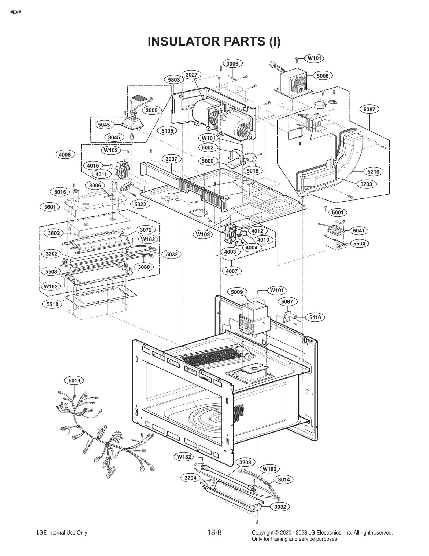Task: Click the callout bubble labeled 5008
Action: point(323,76)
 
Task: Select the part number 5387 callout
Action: point(369,109)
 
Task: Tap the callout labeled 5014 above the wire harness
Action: point(74,380)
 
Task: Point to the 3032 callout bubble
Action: point(280,507)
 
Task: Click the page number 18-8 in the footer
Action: point(214,533)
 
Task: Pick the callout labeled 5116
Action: point(315,317)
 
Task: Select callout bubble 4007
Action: point(232,271)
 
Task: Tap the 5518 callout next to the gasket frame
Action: point(52,304)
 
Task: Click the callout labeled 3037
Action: point(171,159)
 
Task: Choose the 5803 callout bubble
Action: point(174,80)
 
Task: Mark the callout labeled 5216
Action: point(373,172)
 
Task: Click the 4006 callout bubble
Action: point(65,154)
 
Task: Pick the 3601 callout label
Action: point(50,207)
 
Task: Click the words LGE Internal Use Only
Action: point(62,533)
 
